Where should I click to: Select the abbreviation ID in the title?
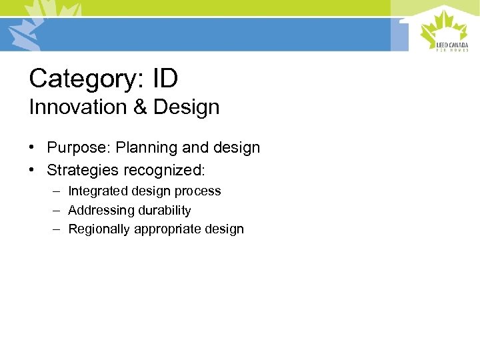[x=165, y=79]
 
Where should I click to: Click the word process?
[x=198, y=191]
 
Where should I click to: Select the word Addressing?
[x=97, y=211]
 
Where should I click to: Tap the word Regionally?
[x=99, y=229]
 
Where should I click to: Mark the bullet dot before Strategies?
[x=33, y=170]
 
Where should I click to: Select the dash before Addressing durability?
[x=58, y=211]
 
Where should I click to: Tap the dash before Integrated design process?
[x=58, y=191]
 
